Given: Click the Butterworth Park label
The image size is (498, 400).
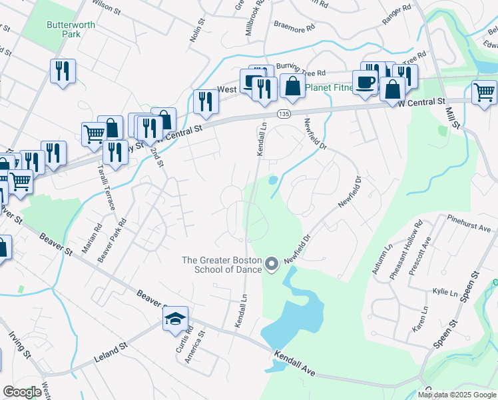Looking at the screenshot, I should (63, 29).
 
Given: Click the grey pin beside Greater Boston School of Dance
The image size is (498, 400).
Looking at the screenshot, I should (271, 265).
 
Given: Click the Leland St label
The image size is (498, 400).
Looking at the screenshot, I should (110, 351).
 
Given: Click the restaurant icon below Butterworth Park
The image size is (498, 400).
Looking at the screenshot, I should (63, 71).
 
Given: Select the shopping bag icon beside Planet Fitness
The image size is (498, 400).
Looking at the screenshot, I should (292, 86).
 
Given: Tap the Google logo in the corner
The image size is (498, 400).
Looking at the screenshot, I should (23, 392).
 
